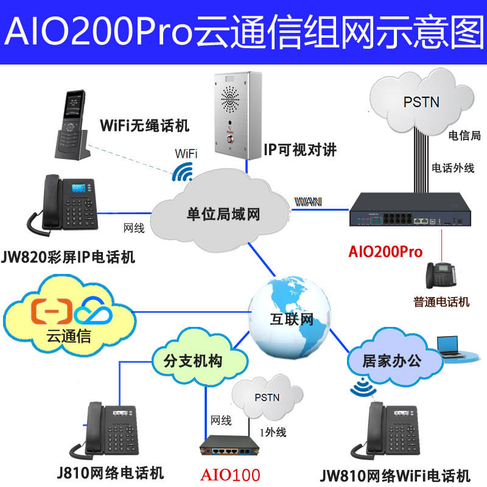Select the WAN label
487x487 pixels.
pyautogui.click(x=309, y=201)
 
